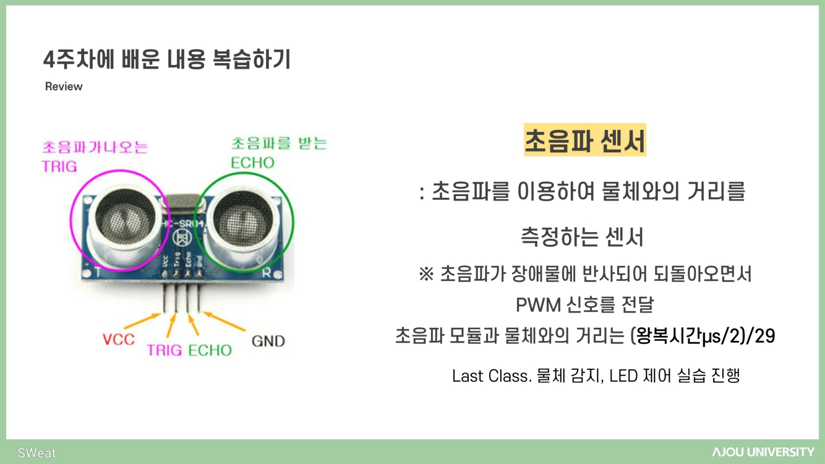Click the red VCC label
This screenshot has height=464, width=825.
click(118, 339)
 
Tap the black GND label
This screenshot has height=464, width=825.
click(268, 341)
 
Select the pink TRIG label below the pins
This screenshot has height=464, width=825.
click(164, 350)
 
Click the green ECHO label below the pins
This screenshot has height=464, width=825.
click(210, 350)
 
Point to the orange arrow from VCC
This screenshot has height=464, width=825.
click(143, 320)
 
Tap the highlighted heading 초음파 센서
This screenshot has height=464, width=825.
click(584, 140)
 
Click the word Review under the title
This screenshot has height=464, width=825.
click(64, 87)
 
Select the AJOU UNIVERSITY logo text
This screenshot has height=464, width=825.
click(763, 452)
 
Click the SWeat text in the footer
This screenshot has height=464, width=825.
click(36, 453)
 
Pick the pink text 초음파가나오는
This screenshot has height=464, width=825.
click(95, 147)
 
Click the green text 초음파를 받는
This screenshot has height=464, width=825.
click(279, 144)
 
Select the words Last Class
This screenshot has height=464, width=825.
click(492, 376)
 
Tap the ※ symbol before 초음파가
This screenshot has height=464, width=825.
click(426, 274)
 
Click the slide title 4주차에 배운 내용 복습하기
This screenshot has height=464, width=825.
click(167, 60)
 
